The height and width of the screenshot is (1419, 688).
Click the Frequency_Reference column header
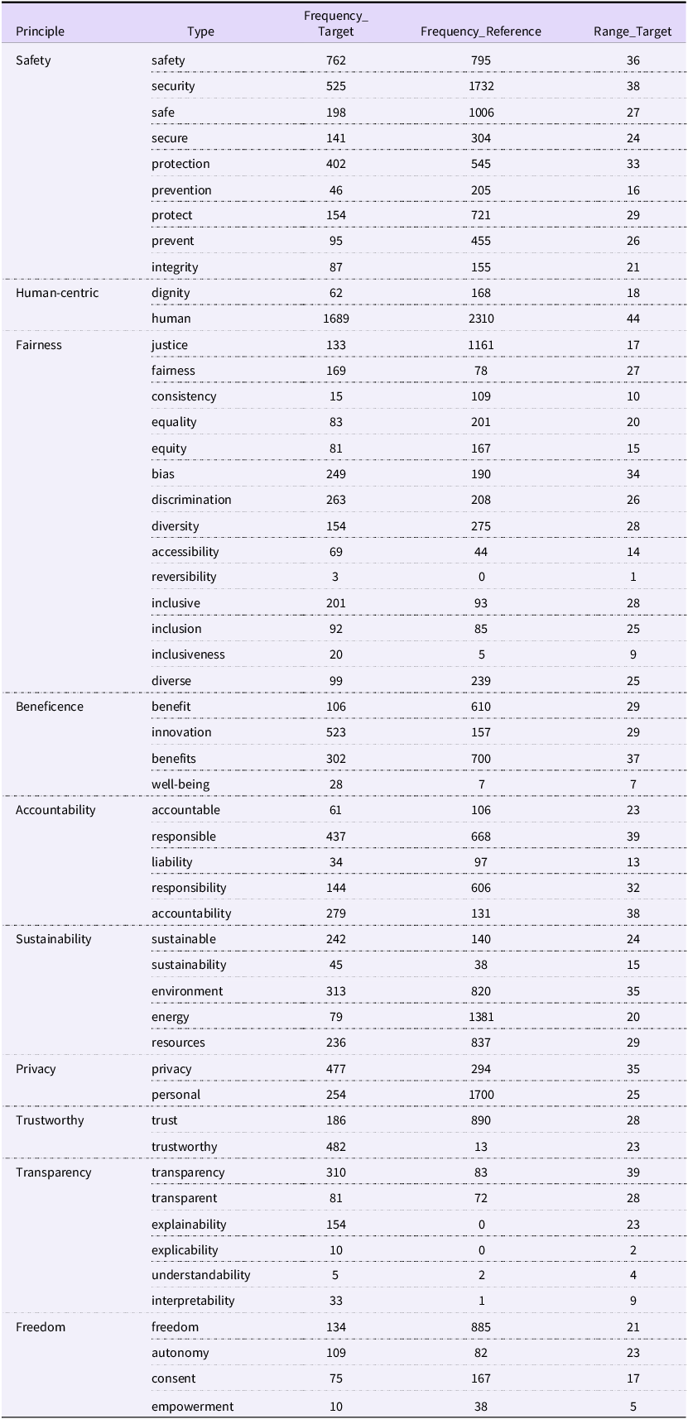[480, 31]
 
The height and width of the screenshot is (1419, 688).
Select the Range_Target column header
[633, 31]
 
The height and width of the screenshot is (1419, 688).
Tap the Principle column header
[40, 31]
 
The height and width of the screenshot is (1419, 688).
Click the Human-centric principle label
[57, 293]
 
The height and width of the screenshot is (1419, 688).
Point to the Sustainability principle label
[54, 939]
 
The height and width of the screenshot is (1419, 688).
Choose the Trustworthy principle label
[50, 1120]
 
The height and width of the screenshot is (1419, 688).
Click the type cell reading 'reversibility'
[184, 577]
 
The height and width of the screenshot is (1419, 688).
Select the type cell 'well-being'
[180, 784]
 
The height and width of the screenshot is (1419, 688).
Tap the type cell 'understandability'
[201, 1275]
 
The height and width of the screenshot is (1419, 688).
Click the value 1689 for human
[336, 319]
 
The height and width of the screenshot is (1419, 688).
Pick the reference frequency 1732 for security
[481, 86]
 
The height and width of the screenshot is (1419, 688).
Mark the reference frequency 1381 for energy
[481, 1017]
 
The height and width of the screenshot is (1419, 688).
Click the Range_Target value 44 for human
[633, 319]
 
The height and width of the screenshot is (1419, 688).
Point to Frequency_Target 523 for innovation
[336, 732]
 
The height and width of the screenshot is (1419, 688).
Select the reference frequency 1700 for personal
[481, 1095]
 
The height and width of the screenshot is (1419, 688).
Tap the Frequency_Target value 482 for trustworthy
[336, 1147]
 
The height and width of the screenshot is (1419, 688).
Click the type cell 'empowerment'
[193, 1407]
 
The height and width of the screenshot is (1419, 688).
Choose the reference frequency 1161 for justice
[481, 345]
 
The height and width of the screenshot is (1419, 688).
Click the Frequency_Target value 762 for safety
[336, 60]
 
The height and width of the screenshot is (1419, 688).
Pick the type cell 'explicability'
[185, 1250]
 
